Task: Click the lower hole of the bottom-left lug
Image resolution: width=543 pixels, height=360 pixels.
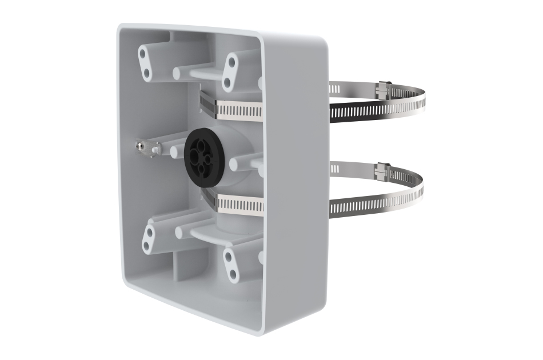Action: pos(146,246)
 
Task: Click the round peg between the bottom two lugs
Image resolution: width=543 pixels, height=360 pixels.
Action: pos(180,232)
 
